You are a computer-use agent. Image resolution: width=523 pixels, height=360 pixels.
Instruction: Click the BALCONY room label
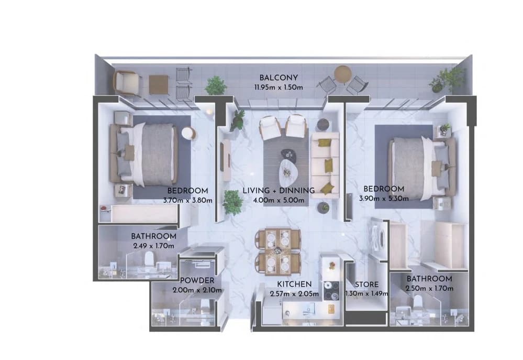coord(278,78)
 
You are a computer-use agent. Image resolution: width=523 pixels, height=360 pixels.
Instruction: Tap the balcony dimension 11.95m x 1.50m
coord(279,88)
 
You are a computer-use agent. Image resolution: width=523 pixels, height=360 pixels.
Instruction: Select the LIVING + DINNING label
coord(279,191)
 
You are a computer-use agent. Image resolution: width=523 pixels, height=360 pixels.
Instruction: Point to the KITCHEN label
coord(294,284)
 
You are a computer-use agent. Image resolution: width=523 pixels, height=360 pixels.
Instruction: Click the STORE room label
coord(366,285)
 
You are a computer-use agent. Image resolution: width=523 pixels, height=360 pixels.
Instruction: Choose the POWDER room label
coord(197,280)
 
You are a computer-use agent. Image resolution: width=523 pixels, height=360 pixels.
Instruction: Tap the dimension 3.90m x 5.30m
coord(384,199)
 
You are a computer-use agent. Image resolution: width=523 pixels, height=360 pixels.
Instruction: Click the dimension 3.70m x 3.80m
coord(187,200)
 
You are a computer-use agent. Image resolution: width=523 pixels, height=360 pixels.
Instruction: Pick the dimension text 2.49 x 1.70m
coord(153,246)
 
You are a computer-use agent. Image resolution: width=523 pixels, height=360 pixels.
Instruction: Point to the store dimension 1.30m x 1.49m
coord(366,294)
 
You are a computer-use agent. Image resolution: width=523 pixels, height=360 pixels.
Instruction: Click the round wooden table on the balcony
coord(342,74)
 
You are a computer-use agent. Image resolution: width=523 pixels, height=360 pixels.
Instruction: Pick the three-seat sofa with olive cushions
coord(325,165)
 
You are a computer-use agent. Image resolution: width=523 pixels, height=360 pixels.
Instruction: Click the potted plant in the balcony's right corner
coord(446,81)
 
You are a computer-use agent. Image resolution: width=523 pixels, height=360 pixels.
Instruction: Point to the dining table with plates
coord(277,252)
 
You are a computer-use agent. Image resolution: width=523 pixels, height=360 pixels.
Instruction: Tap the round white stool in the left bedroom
coord(188,134)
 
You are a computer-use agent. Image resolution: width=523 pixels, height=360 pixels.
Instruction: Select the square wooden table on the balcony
coord(159,84)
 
